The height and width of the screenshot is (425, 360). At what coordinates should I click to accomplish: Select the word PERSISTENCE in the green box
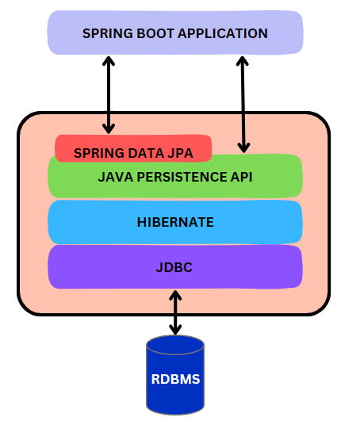181,177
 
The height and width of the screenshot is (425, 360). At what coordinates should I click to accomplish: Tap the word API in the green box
240,177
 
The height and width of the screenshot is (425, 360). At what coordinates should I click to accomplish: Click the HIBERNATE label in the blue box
175,222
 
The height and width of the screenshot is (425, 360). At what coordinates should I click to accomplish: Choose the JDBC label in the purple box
174,267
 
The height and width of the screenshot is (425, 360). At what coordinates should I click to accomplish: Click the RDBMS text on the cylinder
175,379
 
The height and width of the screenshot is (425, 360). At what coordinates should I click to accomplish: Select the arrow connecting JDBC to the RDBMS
175,312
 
